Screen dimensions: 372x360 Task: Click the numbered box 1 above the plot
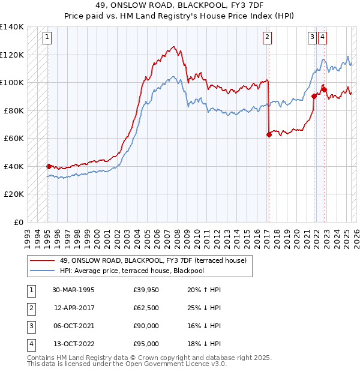(47, 37)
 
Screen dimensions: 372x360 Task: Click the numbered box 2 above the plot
(267, 37)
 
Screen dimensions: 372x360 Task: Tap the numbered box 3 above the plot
(313, 37)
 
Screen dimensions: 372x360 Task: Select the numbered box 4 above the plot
(323, 37)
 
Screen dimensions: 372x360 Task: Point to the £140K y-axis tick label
(11, 27)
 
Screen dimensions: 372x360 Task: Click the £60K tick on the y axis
(13, 139)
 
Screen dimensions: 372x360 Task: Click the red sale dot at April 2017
(269, 135)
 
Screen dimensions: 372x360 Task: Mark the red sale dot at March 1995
(49, 166)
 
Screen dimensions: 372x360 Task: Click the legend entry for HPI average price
(132, 271)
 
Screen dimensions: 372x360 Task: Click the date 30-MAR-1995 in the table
(74, 290)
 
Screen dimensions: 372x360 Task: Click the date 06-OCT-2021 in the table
(74, 326)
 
